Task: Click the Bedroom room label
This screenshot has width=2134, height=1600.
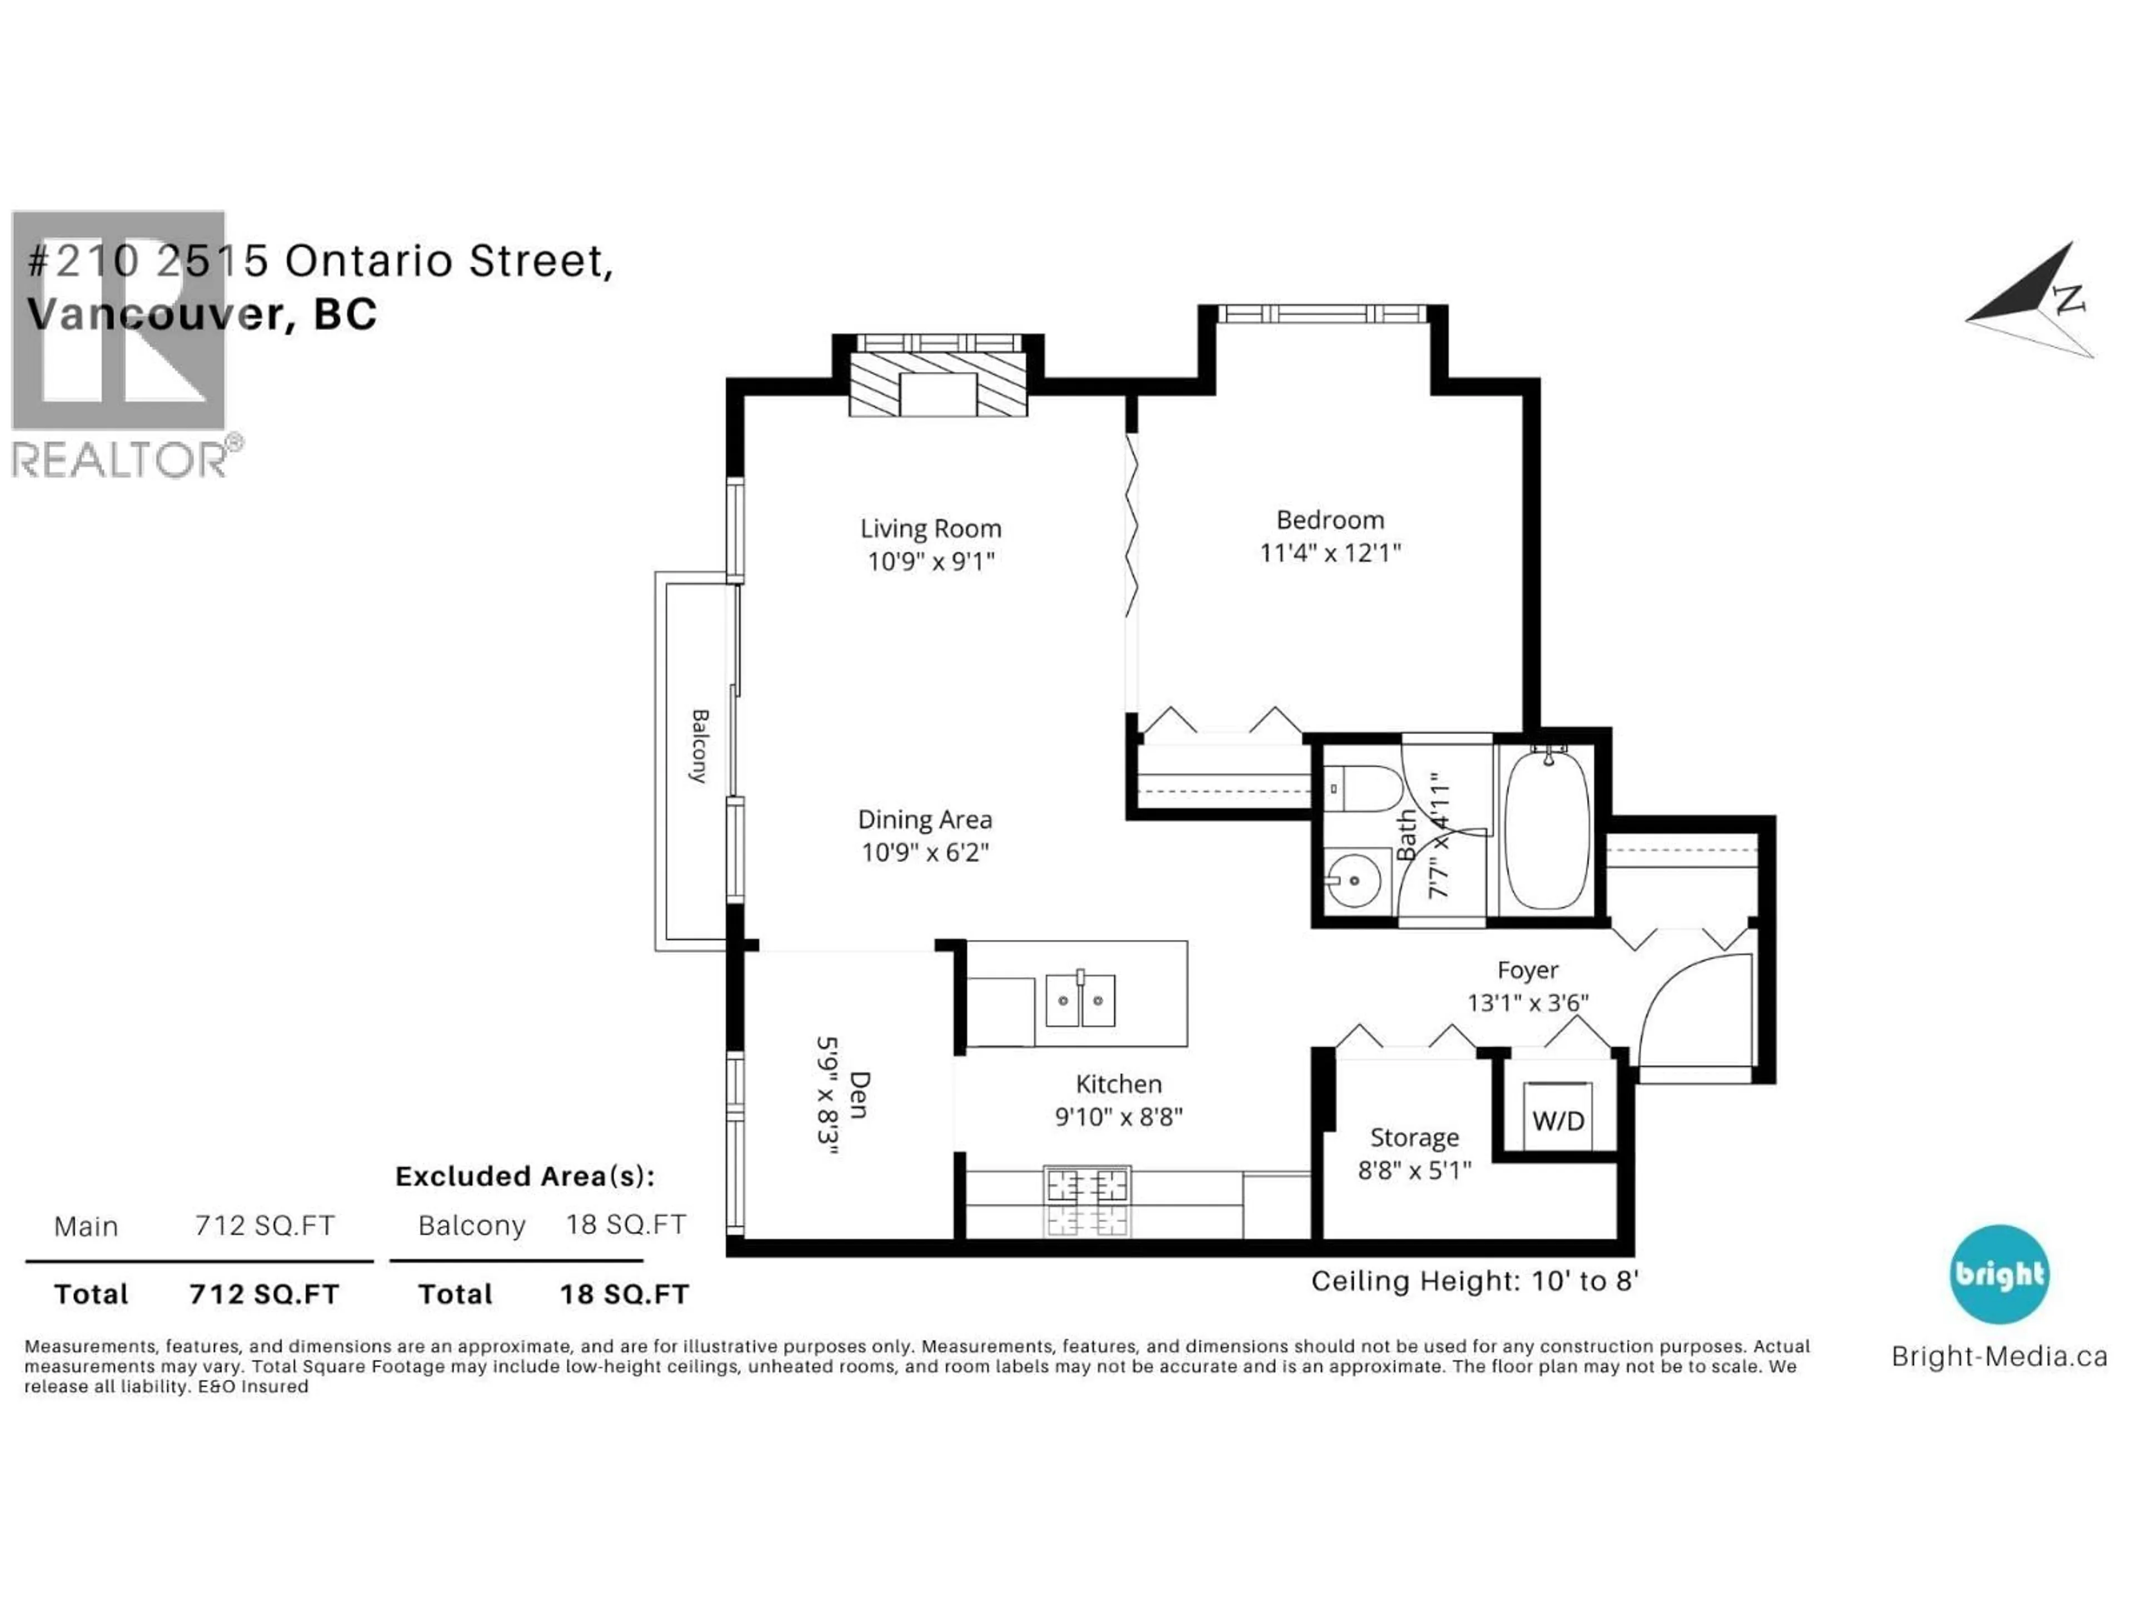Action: pyautogui.click(x=1329, y=520)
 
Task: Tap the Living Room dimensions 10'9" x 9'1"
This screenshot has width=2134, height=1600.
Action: pyautogui.click(x=930, y=561)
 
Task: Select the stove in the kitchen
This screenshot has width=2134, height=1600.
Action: pyautogui.click(x=1087, y=1201)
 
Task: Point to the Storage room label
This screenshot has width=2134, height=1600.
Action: pyautogui.click(x=1414, y=1138)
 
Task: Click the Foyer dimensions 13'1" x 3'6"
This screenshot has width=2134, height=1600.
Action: pyautogui.click(x=1527, y=1003)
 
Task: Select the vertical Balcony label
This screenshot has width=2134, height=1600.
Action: pyautogui.click(x=700, y=746)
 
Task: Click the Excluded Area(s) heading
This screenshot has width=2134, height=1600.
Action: pyautogui.click(x=525, y=1177)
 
